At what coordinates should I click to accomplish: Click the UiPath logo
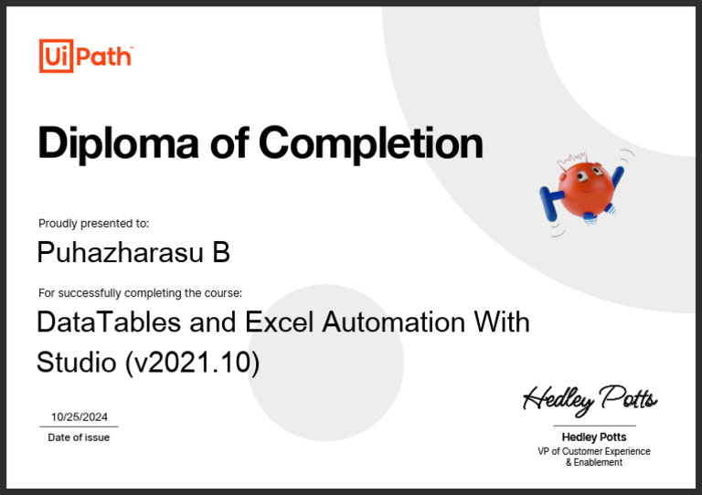[x=86, y=56]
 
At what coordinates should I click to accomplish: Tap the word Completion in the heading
[x=370, y=143]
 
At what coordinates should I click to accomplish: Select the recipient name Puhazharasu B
[x=133, y=252]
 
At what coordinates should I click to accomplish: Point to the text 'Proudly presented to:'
[x=93, y=223]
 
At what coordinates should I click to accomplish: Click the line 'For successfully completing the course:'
[x=140, y=293]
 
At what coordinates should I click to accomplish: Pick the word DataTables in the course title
[x=109, y=322]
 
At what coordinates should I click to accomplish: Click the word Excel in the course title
[x=279, y=322]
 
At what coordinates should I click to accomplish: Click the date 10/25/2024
[x=79, y=417]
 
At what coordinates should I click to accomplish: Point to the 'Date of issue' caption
[x=79, y=437]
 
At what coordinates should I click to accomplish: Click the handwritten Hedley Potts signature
[x=590, y=398]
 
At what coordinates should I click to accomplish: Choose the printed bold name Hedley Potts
[x=594, y=437]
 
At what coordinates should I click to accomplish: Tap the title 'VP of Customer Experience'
[x=594, y=451]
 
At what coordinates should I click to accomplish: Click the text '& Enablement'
[x=594, y=463]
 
